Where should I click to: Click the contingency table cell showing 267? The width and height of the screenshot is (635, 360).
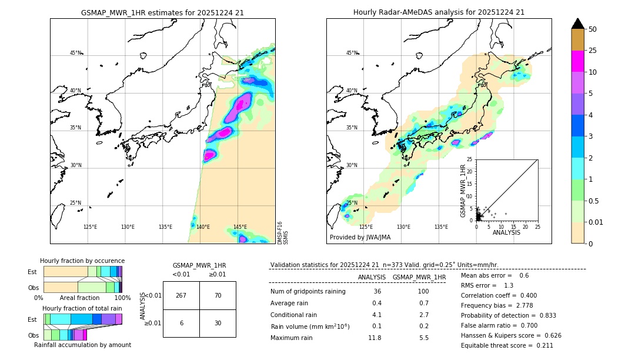click(181, 295)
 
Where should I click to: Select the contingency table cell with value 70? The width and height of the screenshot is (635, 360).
click(218, 295)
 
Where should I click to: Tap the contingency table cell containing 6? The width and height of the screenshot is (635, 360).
click(181, 323)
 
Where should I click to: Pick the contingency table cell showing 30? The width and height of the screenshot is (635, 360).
click(218, 323)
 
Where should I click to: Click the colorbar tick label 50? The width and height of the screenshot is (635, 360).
click(593, 29)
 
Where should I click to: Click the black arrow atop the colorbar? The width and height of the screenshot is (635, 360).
click(578, 24)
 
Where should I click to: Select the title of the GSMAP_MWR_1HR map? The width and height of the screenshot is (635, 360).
click(162, 12)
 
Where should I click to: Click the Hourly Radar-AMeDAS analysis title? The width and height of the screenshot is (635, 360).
click(439, 12)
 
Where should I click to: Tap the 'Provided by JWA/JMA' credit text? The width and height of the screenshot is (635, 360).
click(360, 237)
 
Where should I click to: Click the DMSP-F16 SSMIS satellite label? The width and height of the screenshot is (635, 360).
click(282, 233)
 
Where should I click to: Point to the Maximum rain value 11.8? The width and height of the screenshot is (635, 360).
click(375, 338)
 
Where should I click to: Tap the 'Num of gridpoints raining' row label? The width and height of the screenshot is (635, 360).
click(308, 291)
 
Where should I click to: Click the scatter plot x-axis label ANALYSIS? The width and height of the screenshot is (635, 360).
click(506, 232)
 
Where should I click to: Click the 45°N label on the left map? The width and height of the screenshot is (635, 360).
click(75, 53)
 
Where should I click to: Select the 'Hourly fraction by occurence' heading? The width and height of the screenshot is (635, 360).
click(82, 261)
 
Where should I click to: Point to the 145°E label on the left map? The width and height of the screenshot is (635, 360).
click(240, 227)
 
